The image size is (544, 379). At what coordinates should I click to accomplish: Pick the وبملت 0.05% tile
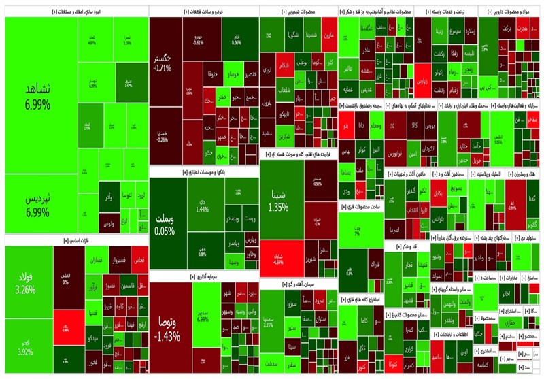click(164, 225)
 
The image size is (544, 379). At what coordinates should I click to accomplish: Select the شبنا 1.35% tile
click(277, 201)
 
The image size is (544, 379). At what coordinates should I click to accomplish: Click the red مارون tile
click(328, 35)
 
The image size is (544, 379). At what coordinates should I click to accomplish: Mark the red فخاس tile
click(138, 260)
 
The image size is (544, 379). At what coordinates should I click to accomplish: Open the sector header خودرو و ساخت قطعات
click(203, 12)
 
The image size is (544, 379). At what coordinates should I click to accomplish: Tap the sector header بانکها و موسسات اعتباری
click(203, 173)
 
